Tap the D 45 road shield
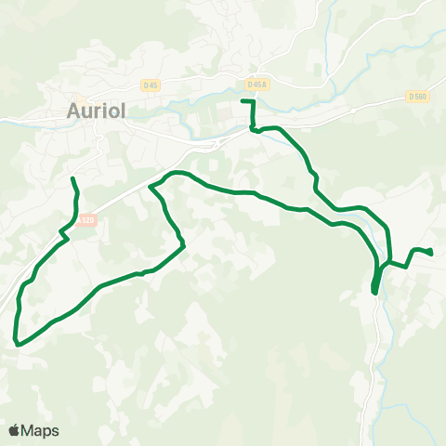[x=150, y=85]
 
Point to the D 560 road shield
[x=416, y=96]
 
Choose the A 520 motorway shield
[x=87, y=220]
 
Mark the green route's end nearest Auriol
[x=72, y=177]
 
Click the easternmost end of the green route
[x=432, y=252]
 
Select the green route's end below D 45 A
[x=243, y=100]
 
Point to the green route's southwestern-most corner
[x=17, y=343]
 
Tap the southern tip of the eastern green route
[x=374, y=292]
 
